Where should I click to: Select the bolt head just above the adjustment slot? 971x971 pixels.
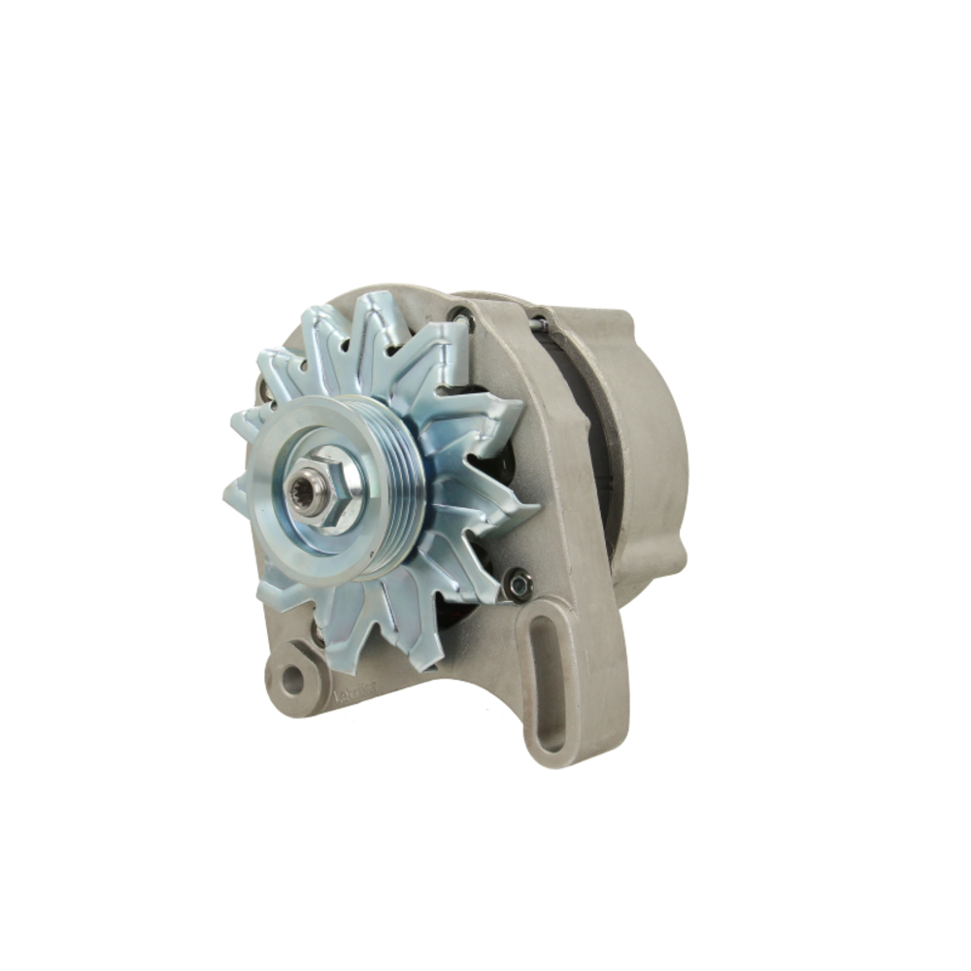pos(519,583)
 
